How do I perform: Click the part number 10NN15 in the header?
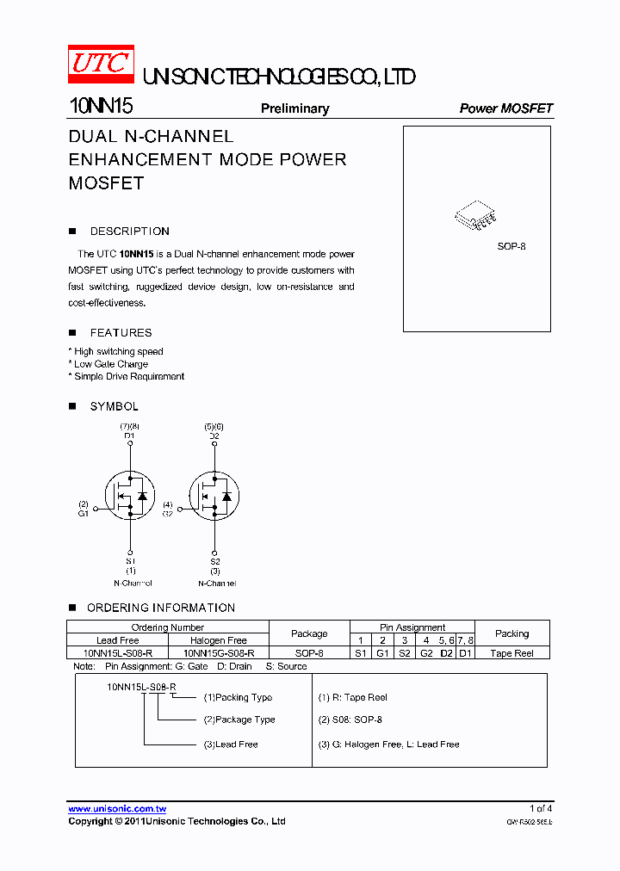tap(100, 107)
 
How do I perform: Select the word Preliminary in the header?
tap(294, 108)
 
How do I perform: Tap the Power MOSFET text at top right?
tap(505, 108)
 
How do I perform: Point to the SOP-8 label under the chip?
tap(511, 246)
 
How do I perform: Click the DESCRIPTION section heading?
tap(129, 232)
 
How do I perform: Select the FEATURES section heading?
tap(121, 333)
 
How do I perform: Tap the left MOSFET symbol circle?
tap(128, 496)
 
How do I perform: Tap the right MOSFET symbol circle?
tap(214, 496)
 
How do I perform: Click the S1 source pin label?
tap(130, 561)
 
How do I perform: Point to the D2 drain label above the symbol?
tap(214, 436)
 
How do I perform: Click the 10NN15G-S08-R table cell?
tap(219, 653)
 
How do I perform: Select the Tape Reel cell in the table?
tap(512, 653)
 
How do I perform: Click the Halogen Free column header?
tap(219, 640)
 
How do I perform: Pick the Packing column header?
tap(512, 633)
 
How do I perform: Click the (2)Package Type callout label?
tap(239, 720)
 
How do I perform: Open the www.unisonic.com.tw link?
tap(117, 809)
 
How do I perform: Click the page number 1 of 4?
tap(541, 808)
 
